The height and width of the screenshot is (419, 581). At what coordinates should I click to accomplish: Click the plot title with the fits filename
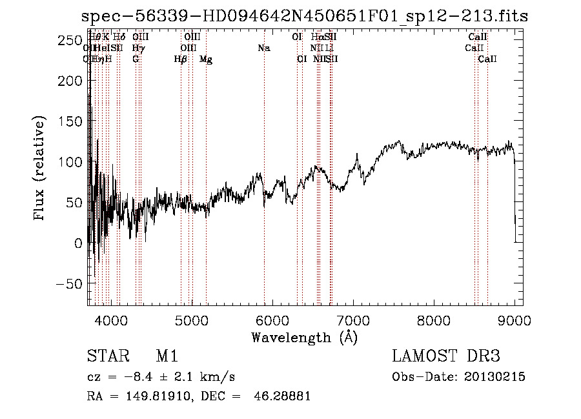click(305, 17)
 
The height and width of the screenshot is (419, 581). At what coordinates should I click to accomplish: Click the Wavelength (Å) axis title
click(304, 337)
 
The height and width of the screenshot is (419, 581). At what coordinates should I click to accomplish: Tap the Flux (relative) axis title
click(40, 169)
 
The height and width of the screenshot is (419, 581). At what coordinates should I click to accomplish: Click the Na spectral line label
click(263, 48)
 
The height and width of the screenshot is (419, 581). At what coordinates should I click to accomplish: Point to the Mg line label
click(206, 59)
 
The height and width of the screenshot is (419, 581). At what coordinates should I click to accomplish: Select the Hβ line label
click(181, 59)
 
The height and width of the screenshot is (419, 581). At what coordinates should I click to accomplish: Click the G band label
click(136, 59)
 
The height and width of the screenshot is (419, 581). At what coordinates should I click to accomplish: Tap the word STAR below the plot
click(105, 356)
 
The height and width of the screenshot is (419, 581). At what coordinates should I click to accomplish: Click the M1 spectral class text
click(167, 356)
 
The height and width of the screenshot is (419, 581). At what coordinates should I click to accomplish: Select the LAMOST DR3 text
click(446, 356)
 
